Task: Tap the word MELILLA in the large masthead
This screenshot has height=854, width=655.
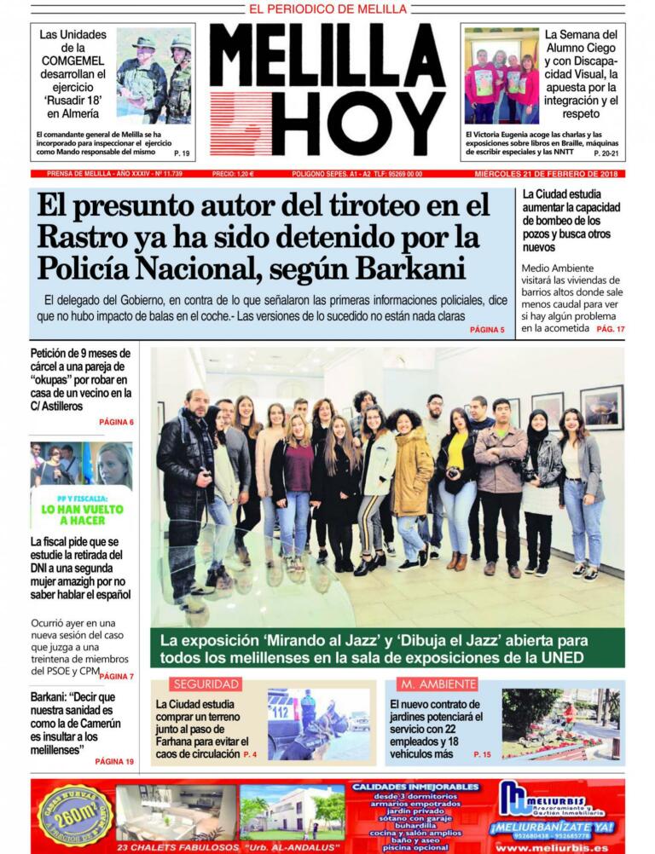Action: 327,56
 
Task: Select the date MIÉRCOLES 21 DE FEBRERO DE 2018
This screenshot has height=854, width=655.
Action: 548,174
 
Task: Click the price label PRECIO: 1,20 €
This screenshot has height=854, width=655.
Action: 233,174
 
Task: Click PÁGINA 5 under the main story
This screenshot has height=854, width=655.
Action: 487,329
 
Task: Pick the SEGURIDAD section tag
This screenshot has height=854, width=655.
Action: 206,684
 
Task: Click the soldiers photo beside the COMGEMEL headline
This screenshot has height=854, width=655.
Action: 154,76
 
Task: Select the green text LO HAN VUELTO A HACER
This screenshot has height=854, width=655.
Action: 82,515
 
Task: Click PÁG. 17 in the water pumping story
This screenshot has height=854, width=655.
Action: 611,328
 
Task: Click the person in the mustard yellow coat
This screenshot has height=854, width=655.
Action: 413,477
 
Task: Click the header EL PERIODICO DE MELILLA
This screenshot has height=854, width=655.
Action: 327,9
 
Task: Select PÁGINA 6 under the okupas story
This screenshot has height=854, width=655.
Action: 116,422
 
